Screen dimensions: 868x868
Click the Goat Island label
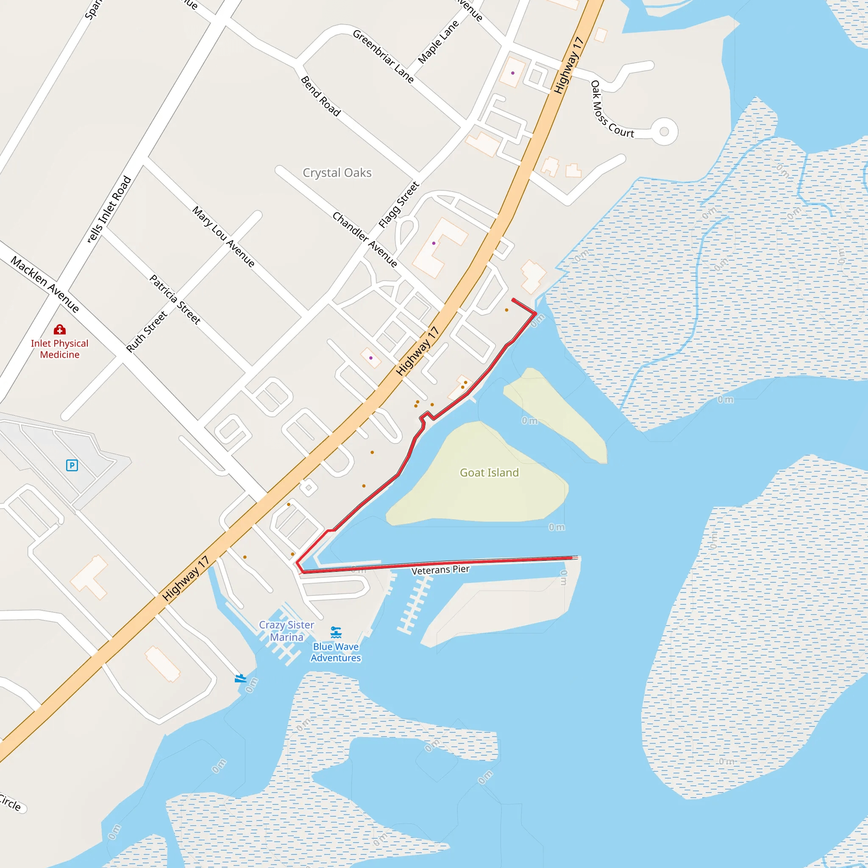[x=489, y=473]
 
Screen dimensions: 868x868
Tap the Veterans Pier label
[x=440, y=570]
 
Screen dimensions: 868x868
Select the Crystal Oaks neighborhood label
[x=337, y=173]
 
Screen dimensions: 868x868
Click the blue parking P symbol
[x=72, y=465]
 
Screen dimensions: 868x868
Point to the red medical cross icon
[x=60, y=330]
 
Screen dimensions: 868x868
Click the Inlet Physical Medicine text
[x=60, y=349]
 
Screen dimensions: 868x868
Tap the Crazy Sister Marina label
[x=287, y=631]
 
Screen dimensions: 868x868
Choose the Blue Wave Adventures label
[x=336, y=652]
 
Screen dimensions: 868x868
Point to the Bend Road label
[x=321, y=96]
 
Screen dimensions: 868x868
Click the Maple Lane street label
[x=439, y=42]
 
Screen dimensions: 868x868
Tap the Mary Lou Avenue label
[x=224, y=236]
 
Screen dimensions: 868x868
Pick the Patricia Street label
[x=175, y=300]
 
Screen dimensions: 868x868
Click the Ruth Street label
[x=147, y=331]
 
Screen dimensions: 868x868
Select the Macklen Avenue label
[x=45, y=284]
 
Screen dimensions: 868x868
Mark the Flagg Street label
[x=398, y=205]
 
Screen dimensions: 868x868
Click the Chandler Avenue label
[x=365, y=239]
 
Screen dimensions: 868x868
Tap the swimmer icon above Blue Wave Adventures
[x=336, y=632]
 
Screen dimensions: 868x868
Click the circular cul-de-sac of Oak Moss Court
[x=664, y=132]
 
